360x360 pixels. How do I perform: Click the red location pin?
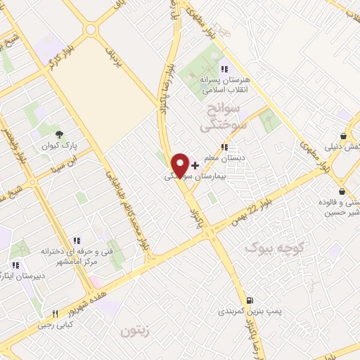tap(181, 165)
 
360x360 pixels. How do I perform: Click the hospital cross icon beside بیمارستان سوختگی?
tap(195, 165)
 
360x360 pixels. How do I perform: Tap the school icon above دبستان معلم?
tap(224, 147)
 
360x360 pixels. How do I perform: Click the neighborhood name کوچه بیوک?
tap(275, 248)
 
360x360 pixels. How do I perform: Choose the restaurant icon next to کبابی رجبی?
tap(55, 314)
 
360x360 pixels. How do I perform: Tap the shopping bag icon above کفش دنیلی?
tap(343, 136)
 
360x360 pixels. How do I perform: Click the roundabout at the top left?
tap(90, 30)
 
